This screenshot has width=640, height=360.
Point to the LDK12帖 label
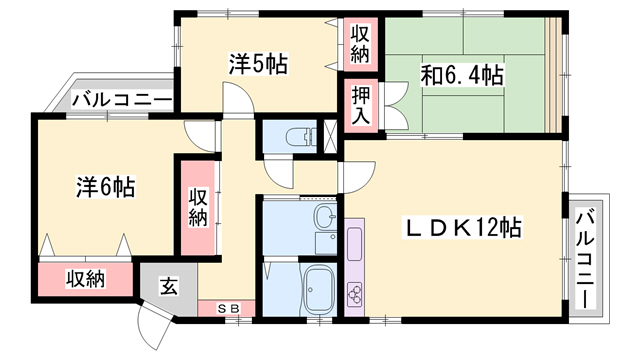pyautogui.click(x=461, y=229)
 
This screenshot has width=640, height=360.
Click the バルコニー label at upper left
pyautogui.click(x=121, y=100)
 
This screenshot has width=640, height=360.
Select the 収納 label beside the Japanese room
pyautogui.click(x=360, y=42)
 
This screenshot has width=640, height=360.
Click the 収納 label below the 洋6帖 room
pyautogui.click(x=85, y=279)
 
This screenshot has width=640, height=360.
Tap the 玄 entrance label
pyautogui.click(x=169, y=287)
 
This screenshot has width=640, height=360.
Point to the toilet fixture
pyautogui.click(x=297, y=136)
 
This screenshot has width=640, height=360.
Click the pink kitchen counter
pyautogui.click(x=355, y=261)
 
